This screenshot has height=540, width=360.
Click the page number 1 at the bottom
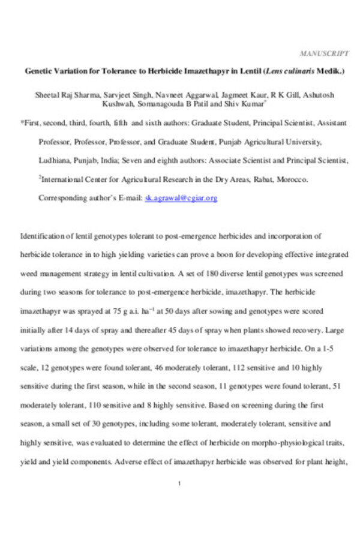click(180, 483)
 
